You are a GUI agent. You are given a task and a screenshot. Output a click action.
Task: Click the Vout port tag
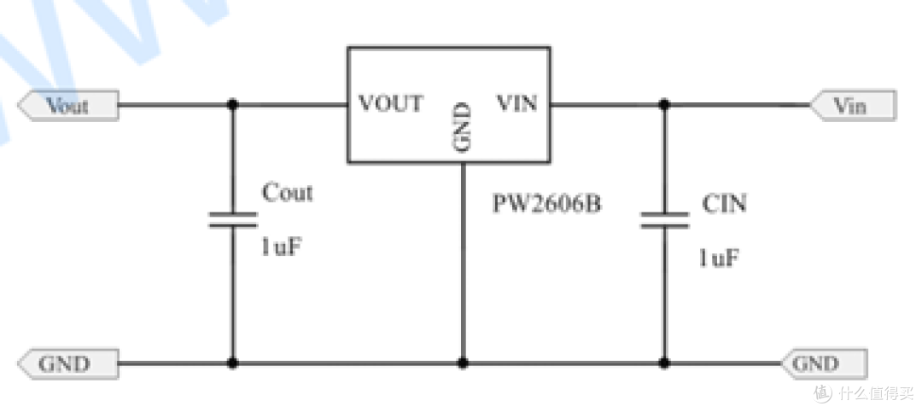coord(68,105)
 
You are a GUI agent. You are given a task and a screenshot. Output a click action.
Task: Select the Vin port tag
coord(853,106)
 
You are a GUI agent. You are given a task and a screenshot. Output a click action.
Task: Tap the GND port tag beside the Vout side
coord(68,364)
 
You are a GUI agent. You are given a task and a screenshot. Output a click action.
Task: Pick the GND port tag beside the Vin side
coord(825,364)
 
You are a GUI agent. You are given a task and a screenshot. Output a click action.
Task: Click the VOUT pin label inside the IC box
coord(390,103)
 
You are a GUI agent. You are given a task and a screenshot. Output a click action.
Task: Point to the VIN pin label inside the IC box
coord(516,103)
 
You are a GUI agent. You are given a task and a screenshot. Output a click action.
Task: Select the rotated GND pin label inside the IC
coord(464,128)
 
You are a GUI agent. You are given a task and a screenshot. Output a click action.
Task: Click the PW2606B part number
coord(547,204)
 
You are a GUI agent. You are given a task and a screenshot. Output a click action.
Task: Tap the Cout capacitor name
coord(287,192)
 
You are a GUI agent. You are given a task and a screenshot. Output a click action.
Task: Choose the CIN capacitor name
coord(724,203)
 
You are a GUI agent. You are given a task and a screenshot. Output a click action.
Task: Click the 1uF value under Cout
coord(282,247)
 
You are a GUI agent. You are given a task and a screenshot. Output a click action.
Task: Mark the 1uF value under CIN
coord(719,258)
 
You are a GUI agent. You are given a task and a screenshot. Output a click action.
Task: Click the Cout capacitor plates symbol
coord(233,220)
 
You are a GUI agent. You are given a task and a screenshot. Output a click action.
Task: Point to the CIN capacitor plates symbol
coord(664,220)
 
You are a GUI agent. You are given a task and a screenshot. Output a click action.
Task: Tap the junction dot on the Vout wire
coord(233,105)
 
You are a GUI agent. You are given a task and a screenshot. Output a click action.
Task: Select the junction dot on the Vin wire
coord(664,105)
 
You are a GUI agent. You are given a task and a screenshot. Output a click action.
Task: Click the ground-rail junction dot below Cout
coord(233,363)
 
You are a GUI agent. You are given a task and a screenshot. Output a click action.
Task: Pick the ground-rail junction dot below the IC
coord(463,363)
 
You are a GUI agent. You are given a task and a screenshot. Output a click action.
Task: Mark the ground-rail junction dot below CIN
coord(664,363)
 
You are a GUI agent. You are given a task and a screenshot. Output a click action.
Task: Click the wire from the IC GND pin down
coord(463,262)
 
